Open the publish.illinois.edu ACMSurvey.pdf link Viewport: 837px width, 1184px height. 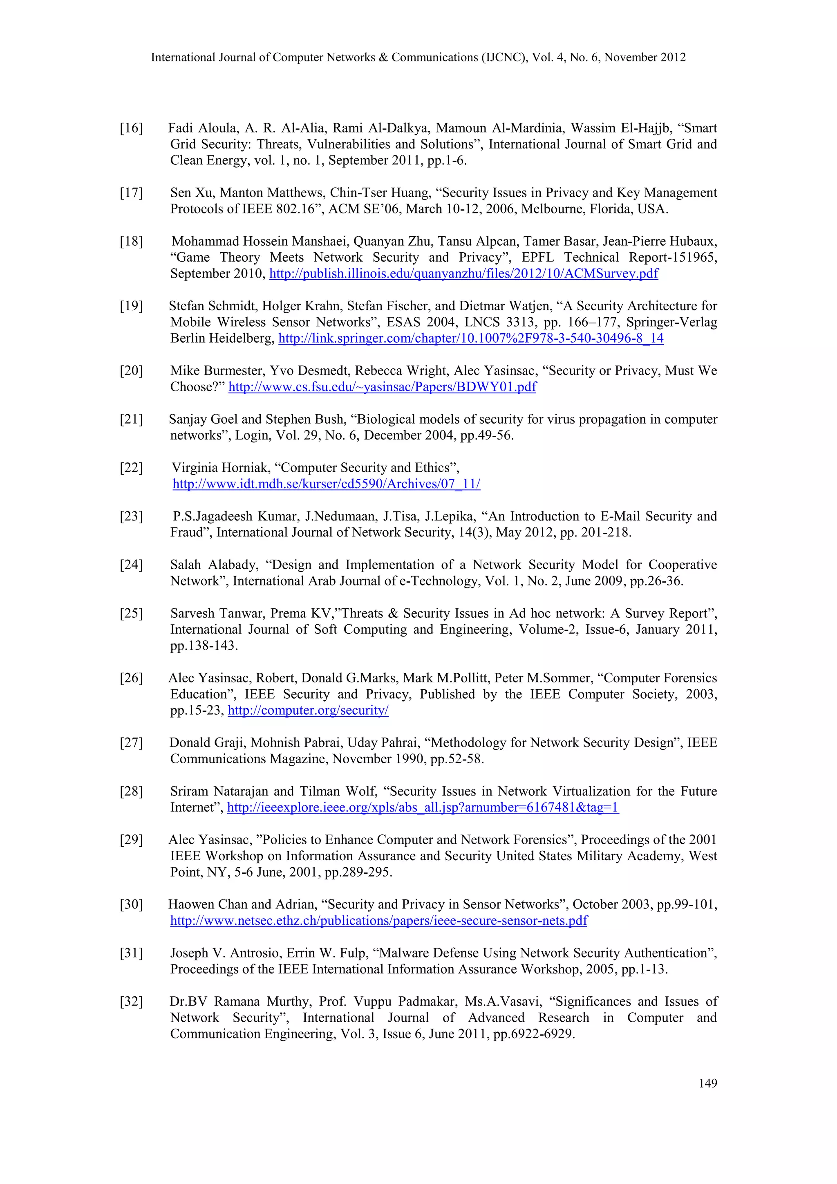tap(463, 274)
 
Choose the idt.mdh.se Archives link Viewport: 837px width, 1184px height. tap(326, 484)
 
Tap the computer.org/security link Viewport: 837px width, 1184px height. tap(308, 710)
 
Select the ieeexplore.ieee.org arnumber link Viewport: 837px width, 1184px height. tap(423, 807)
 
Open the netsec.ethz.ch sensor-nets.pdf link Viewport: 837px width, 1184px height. tap(379, 920)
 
